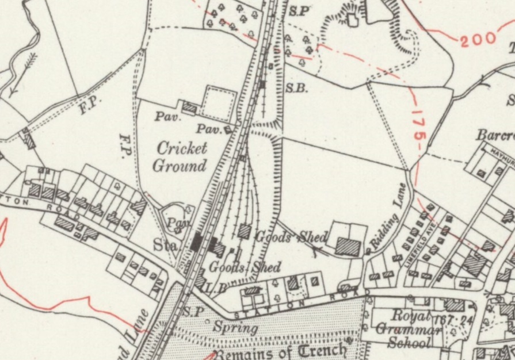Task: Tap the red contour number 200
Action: pyautogui.click(x=478, y=39)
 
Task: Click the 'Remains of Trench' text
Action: pyautogui.click(x=281, y=350)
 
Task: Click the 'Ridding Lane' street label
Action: pyautogui.click(x=389, y=217)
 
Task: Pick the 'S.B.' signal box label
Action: pyautogui.click(x=297, y=89)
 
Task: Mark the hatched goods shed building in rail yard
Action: pyautogui.click(x=244, y=231)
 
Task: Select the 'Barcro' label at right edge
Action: pyautogui.click(x=495, y=136)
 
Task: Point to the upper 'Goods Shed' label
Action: pyautogui.click(x=291, y=236)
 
